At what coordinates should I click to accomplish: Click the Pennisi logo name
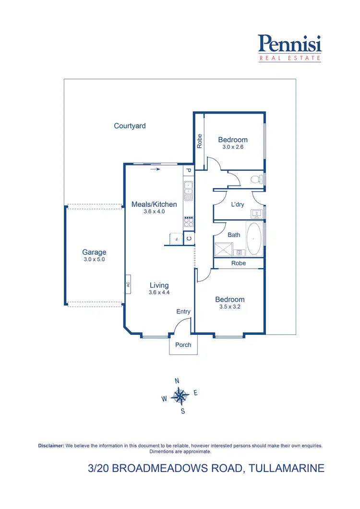click(289, 44)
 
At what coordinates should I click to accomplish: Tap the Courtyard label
click(130, 126)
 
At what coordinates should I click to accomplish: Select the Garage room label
click(94, 252)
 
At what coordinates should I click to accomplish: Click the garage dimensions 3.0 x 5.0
click(94, 260)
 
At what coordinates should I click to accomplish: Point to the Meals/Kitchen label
click(154, 204)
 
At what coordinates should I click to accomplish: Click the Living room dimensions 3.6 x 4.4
click(159, 292)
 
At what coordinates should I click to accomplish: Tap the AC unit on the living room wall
click(128, 284)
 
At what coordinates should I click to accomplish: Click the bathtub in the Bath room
click(253, 238)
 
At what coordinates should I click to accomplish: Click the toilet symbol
click(258, 179)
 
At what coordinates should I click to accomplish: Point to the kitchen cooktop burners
click(189, 222)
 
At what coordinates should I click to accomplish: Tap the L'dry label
click(238, 204)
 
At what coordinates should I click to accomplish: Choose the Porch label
click(183, 345)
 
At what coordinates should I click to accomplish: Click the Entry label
click(183, 311)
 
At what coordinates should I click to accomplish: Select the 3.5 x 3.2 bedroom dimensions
click(229, 307)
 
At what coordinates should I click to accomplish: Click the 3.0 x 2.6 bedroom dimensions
click(233, 147)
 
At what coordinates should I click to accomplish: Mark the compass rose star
click(180, 396)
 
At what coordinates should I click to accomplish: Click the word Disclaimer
click(51, 446)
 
